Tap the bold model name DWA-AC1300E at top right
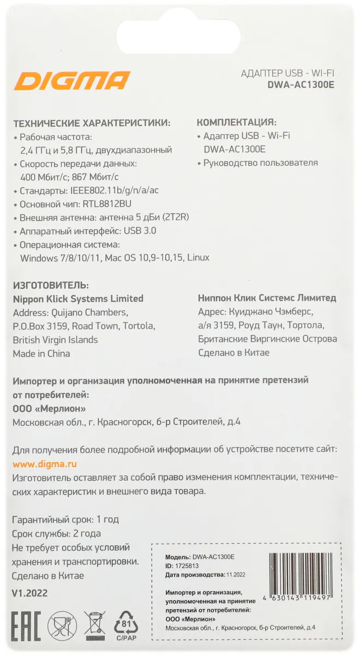click(301, 85)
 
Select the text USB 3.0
click(140, 230)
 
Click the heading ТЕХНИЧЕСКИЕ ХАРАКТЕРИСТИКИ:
click(92, 122)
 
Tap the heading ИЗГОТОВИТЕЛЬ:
click(50, 285)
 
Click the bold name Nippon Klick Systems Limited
click(78, 299)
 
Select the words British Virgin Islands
click(55, 340)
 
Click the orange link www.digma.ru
click(45, 464)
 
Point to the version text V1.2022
click(29, 593)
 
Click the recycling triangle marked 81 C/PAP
click(126, 625)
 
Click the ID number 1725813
click(186, 565)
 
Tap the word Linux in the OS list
click(198, 257)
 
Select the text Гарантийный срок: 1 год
click(65, 519)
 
